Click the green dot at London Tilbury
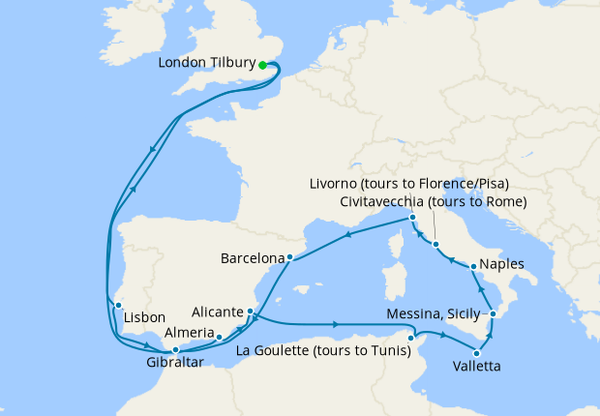(262, 66)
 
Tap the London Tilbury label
(207, 65)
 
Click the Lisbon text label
(144, 317)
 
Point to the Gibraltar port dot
(174, 349)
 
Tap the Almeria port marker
(220, 337)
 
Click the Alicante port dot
(250, 312)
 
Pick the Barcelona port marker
(289, 257)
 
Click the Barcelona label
(253, 258)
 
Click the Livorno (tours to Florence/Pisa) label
(408, 184)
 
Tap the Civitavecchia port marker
(435, 244)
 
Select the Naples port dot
(472, 265)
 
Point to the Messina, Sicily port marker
(493, 314)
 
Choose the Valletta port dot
(476, 352)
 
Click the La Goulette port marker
(412, 338)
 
